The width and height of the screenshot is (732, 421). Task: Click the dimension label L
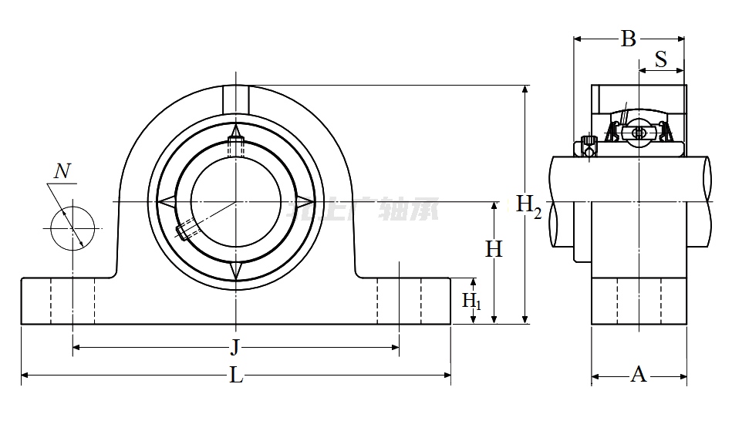[x=237, y=376]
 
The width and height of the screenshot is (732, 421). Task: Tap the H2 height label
[x=528, y=205]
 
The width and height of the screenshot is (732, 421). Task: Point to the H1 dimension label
[x=471, y=300]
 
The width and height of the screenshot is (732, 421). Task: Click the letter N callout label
[x=64, y=171]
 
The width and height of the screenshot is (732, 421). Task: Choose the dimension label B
[x=629, y=39]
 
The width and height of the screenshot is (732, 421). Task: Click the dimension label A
[x=639, y=375]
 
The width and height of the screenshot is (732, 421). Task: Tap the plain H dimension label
[x=494, y=248]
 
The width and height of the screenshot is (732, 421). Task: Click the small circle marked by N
[x=73, y=227]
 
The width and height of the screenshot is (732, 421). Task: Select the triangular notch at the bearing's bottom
[x=236, y=271]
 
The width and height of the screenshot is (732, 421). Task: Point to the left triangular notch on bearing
[x=167, y=201]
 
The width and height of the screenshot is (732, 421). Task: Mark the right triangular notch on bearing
[x=305, y=201]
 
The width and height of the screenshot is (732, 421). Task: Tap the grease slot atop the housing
[x=236, y=99]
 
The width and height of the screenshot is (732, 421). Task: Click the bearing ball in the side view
[x=639, y=133]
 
